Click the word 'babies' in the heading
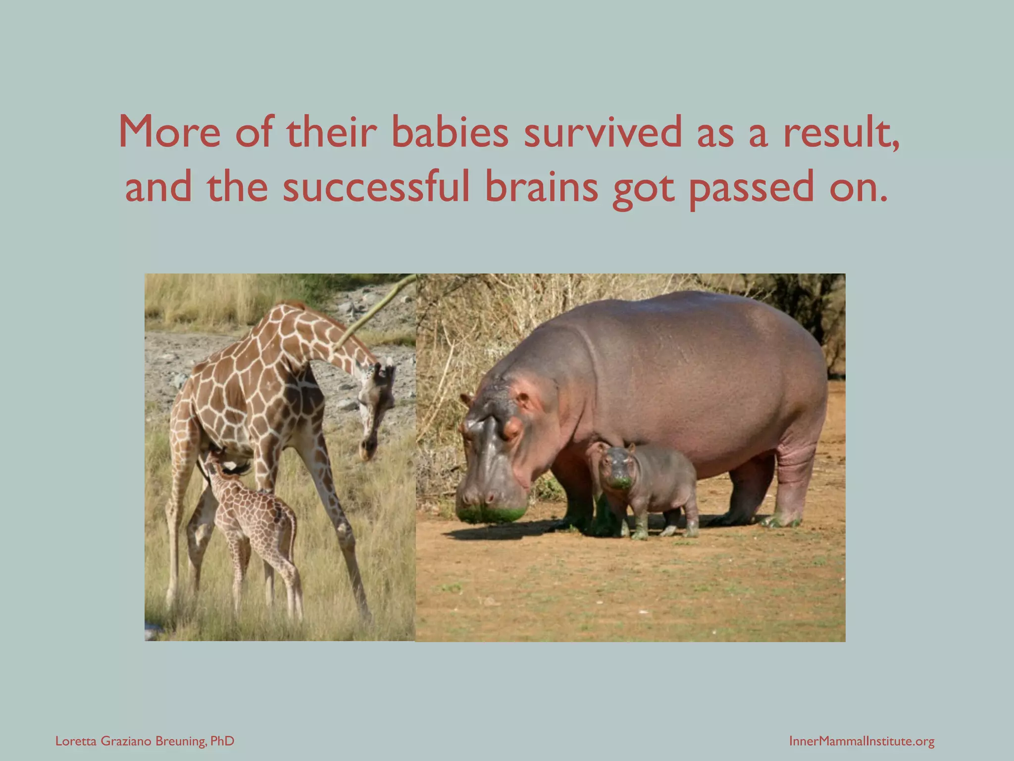pos(450,132)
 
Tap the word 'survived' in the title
pos(602,132)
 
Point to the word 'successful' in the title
pos(376,187)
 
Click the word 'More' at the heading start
pos(169,132)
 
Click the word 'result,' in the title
pos(841,132)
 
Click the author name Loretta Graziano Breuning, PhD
pos(145,741)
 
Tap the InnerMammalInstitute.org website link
pos(862,741)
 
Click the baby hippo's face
pos(616,468)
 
